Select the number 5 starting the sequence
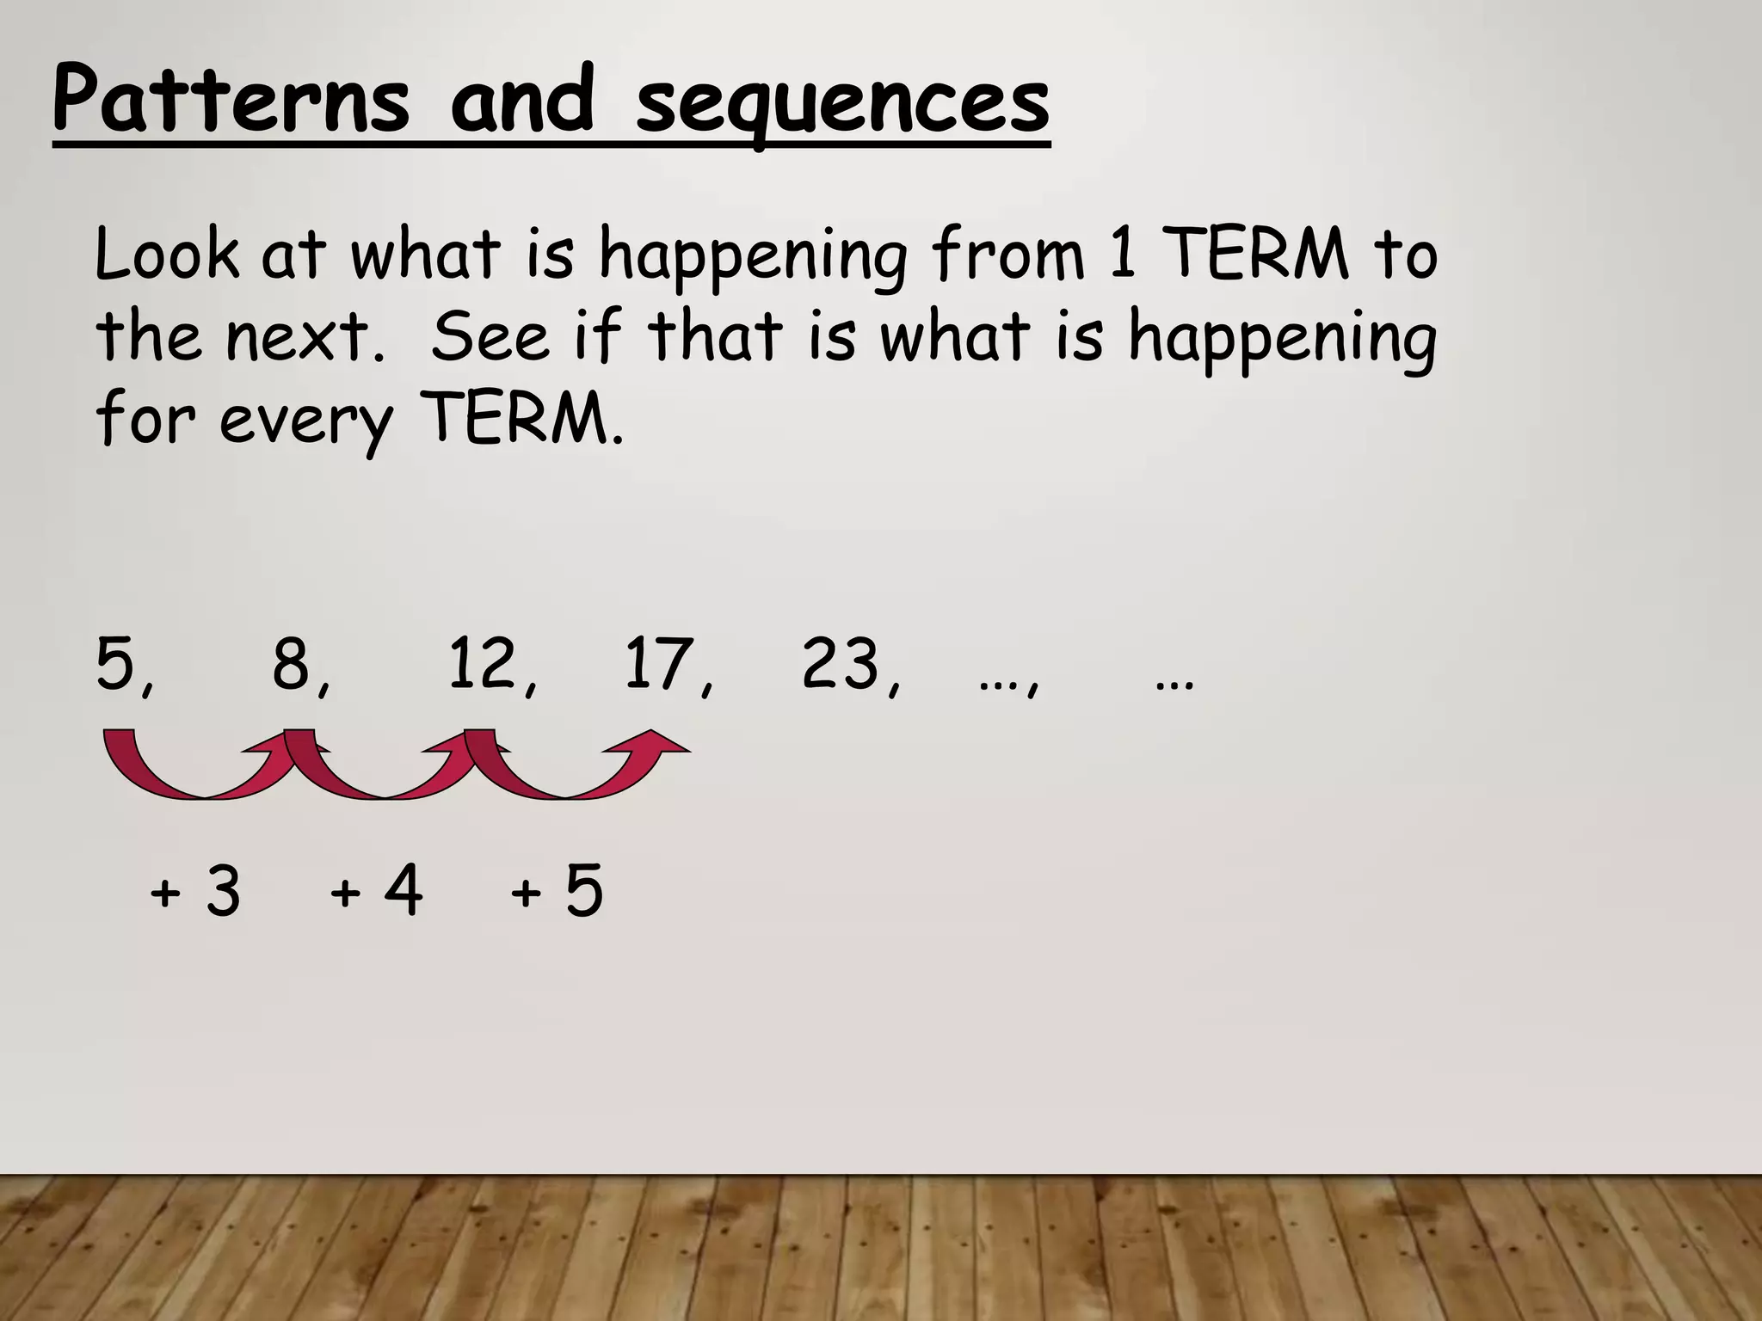[116, 664]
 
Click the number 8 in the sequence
[292, 664]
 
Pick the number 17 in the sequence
[659, 664]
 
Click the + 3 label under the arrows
[195, 891]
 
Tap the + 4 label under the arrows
[376, 891]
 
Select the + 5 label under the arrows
[557, 891]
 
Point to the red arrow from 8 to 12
[383, 770]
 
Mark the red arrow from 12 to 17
[568, 770]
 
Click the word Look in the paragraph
[167, 255]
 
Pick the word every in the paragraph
[305, 421]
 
